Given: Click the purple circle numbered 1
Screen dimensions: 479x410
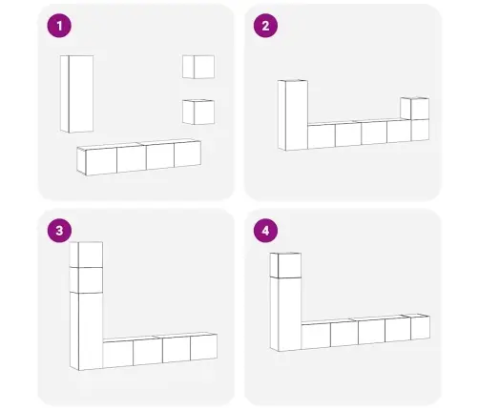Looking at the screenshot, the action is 59,26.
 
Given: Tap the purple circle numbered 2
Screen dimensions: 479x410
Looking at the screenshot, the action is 265,26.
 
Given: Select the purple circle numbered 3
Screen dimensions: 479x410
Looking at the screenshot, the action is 59,231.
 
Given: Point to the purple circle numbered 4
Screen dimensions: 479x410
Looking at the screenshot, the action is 265,231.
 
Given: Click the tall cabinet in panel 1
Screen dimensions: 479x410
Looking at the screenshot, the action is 77,93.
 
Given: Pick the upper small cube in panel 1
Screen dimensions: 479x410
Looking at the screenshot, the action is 198,67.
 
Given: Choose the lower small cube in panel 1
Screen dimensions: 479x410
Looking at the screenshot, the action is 198,112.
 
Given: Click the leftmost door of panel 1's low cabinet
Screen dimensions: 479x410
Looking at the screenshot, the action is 101,161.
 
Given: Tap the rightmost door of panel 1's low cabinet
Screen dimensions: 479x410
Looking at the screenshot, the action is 188,154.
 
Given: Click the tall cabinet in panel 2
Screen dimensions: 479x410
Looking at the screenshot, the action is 293,115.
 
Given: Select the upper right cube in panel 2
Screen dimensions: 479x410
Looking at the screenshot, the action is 415,109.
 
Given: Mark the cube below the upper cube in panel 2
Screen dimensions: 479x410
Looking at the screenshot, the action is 420,130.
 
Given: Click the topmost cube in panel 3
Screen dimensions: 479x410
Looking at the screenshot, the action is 86,255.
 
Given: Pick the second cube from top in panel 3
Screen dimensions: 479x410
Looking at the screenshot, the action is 86,280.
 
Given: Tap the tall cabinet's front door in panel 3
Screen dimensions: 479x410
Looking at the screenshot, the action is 91,331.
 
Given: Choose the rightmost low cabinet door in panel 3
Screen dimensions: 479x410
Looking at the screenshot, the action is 204,347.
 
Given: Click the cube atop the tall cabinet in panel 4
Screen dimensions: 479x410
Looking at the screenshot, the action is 285,265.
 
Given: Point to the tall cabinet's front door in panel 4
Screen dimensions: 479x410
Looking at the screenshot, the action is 289,314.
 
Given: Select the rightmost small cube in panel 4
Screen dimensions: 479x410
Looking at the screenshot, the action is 420,327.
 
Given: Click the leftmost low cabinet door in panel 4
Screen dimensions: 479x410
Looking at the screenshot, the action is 316,336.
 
